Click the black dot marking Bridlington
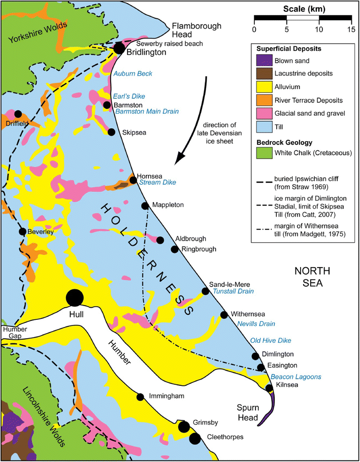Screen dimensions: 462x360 119,48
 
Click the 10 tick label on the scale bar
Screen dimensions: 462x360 319,30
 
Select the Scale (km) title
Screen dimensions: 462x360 303,8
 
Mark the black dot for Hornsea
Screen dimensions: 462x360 133,180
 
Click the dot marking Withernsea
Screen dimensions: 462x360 224,315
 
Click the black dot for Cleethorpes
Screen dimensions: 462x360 194,438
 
